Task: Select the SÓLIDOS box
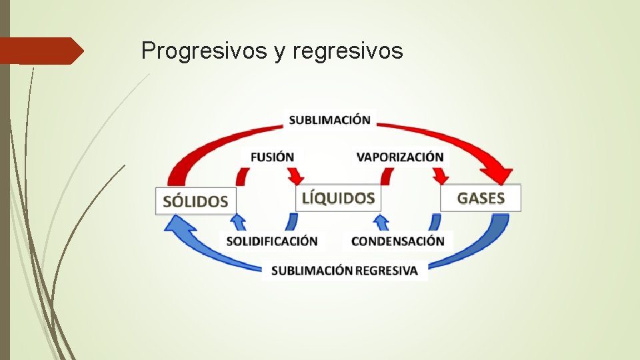click(195, 201)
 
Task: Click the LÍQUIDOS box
click(338, 198)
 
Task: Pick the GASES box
click(481, 198)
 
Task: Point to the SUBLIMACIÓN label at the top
click(329, 120)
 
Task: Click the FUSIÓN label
click(272, 157)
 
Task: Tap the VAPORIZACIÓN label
click(400, 157)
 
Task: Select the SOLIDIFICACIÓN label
click(272, 241)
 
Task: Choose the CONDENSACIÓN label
click(397, 241)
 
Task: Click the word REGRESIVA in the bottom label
click(387, 271)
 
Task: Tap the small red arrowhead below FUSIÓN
click(296, 177)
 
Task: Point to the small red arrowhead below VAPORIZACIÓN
click(441, 177)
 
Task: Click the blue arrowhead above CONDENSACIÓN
click(381, 221)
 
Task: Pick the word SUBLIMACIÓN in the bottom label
click(312, 271)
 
